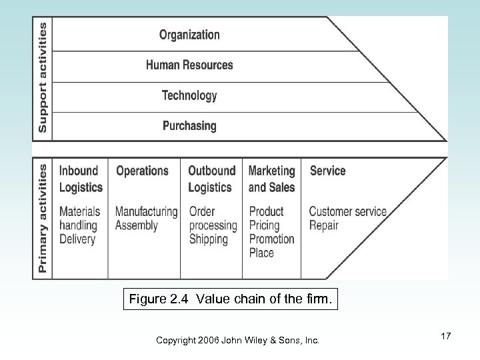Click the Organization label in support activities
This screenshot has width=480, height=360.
tap(189, 35)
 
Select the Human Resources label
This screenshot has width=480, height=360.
tap(189, 65)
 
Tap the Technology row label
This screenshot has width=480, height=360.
tap(189, 95)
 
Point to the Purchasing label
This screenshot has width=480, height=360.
tap(189, 125)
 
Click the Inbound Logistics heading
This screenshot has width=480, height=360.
tap(81, 179)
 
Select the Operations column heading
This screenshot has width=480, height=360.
tap(142, 171)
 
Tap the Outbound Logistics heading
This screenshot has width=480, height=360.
tap(212, 179)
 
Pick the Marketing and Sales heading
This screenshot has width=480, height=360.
tap(271, 179)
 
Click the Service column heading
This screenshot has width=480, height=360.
tap(327, 171)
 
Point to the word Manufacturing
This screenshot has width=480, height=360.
tap(147, 212)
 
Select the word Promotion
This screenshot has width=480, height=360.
tap(271, 239)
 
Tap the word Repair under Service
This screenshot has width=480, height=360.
tap(325, 225)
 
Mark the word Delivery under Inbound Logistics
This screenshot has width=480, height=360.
tap(77, 239)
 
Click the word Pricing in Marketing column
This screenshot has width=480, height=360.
tap(264, 225)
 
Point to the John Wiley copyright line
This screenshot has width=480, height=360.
tap(237, 340)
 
